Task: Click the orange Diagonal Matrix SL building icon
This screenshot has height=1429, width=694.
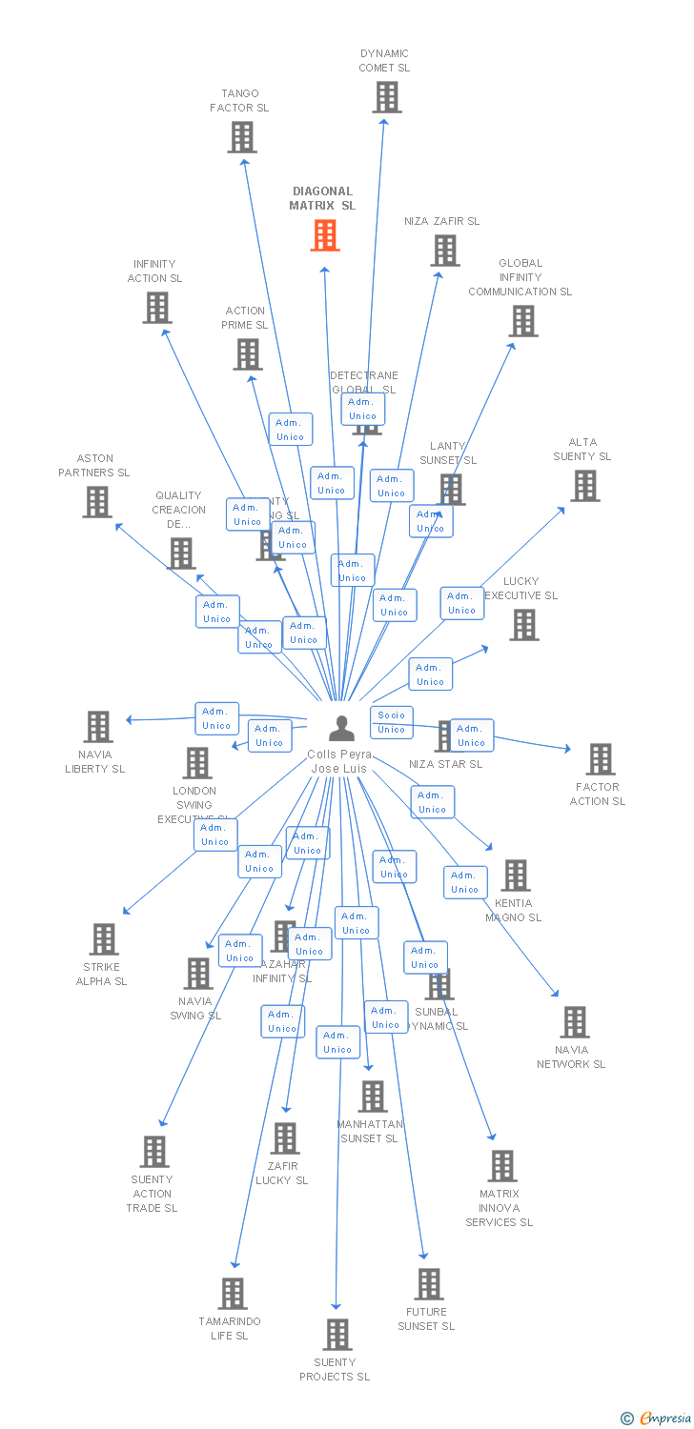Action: pos(325,235)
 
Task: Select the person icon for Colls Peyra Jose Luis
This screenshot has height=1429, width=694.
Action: pos(341,728)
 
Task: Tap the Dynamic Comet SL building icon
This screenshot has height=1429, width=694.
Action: pos(386,97)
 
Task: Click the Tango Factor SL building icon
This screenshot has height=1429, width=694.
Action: pos(242,137)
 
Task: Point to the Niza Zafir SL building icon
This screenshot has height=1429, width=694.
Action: pos(445,251)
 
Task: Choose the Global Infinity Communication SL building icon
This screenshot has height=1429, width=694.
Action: pos(523,321)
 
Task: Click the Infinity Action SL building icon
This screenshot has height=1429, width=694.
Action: pos(157,308)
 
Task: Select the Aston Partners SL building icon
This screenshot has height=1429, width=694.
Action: pos(97,502)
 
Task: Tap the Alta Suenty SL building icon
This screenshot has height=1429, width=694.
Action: pos(584,486)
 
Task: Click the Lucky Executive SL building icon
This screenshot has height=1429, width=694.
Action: pos(523,625)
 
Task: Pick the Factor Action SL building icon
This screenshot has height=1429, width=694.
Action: pos(600,759)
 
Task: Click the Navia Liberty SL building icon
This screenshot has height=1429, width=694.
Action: pos(98,727)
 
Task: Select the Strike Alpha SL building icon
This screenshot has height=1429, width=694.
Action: pos(104,939)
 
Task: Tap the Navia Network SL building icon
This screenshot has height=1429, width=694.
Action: pos(574,1022)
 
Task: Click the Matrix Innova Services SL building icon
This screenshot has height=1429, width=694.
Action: pos(502,1166)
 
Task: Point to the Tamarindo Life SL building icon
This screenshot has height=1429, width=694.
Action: pos(234,1294)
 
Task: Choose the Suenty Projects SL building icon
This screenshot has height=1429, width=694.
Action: pos(337,1335)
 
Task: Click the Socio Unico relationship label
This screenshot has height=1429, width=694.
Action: pos(391,722)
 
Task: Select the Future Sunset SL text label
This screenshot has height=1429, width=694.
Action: pos(426,1318)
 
